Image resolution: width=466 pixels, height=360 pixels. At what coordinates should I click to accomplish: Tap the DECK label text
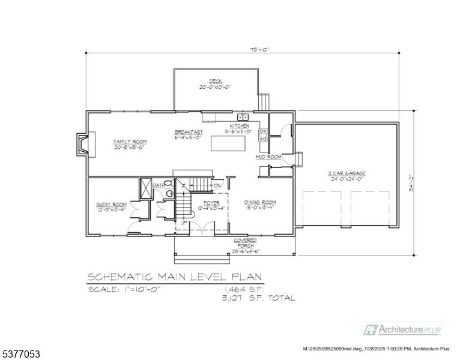click(215, 81)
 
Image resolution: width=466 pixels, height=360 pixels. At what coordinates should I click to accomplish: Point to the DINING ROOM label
click(259, 202)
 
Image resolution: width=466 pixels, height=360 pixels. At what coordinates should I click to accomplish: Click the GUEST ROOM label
click(111, 205)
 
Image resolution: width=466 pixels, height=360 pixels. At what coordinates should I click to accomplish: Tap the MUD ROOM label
click(268, 157)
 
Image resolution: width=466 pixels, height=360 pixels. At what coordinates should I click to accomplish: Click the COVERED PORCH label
click(244, 242)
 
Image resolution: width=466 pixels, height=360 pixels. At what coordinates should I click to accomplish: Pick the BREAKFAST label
click(189, 132)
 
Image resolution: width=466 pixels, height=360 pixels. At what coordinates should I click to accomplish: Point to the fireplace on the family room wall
click(82, 144)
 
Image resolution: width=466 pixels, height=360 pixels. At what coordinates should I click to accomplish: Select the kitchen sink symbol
click(243, 117)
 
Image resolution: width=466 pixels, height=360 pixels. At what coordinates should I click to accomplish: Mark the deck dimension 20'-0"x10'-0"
click(215, 87)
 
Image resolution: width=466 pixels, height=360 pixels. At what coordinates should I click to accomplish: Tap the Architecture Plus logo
click(402, 330)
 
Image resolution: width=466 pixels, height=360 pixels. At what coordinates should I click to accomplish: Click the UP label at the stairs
click(184, 223)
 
